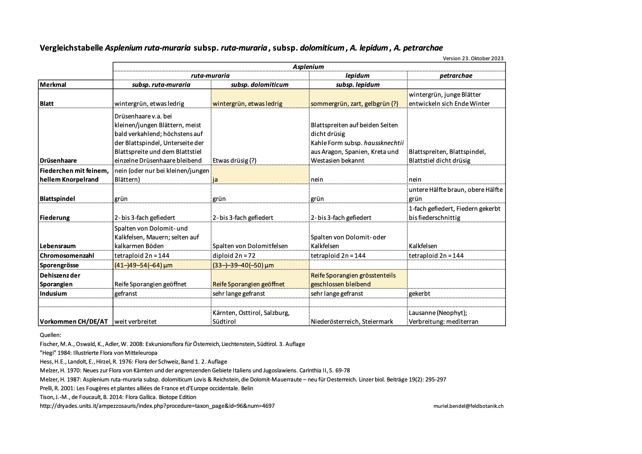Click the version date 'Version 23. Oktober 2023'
click(473, 59)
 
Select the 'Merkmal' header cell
click(53, 85)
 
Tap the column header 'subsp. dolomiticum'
click(259, 85)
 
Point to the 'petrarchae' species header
click(456, 76)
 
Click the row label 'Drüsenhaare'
click(58, 161)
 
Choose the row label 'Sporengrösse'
click(59, 265)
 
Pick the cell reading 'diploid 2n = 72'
click(234, 256)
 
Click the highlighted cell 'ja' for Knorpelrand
click(215, 180)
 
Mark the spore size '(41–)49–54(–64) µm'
click(143, 265)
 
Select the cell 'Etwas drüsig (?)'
click(234, 161)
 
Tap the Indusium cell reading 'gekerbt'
click(419, 294)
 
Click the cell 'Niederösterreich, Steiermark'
click(352, 322)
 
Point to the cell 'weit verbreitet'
click(136, 322)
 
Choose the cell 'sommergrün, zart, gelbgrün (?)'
click(354, 104)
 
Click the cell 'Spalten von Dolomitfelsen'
click(250, 246)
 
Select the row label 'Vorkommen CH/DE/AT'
click(74, 322)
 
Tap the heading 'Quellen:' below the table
click(50, 335)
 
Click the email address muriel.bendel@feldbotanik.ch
click(468, 406)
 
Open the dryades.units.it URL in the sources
click(157, 406)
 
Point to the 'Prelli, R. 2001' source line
click(146, 388)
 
